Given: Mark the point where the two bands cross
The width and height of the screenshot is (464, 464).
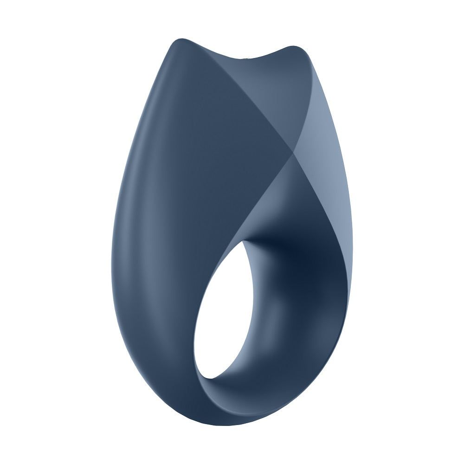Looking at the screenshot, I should [292, 152].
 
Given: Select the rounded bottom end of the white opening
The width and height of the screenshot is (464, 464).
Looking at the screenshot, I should [204, 371].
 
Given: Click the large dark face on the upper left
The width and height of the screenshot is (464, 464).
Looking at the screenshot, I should [195, 139].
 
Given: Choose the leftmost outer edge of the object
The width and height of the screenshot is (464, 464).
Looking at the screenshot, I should [112, 278].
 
